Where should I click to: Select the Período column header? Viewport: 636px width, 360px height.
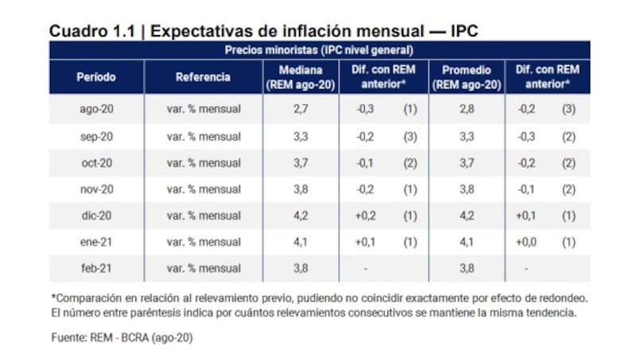point(96,77)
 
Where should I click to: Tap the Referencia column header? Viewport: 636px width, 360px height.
point(204,77)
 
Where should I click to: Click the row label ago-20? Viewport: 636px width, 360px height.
point(96,108)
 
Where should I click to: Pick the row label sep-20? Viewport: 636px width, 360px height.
point(96,136)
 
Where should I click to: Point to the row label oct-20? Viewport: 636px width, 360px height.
point(96,162)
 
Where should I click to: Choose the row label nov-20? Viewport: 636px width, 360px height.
point(96,189)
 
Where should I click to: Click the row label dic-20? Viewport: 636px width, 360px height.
point(96,215)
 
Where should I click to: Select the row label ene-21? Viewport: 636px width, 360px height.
point(96,242)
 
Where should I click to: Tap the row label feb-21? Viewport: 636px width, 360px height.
point(96,269)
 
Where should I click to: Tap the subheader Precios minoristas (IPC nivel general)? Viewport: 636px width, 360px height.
point(317,49)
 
